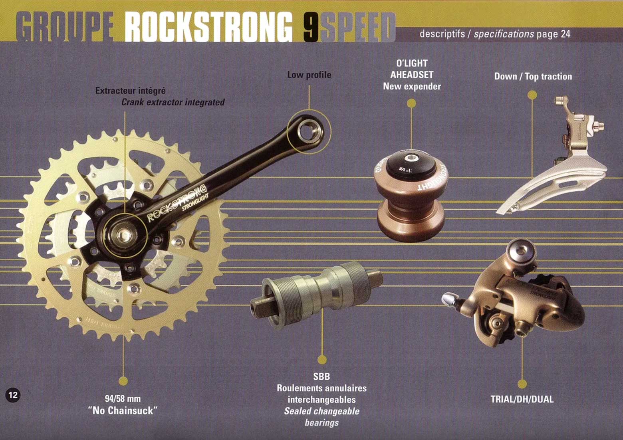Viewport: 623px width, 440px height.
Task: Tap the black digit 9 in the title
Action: [x=311, y=27]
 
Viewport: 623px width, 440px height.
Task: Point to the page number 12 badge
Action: [x=13, y=395]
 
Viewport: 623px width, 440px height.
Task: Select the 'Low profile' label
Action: [x=309, y=75]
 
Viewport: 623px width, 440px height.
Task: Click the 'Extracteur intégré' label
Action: [x=130, y=91]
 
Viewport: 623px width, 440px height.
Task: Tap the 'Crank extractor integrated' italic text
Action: [x=173, y=102]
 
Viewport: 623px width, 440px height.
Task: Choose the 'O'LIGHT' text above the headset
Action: [x=412, y=63]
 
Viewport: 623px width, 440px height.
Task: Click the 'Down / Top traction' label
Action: [x=533, y=76]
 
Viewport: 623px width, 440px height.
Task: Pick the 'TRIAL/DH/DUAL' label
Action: [x=522, y=399]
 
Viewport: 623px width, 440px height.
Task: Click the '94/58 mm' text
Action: [x=123, y=398]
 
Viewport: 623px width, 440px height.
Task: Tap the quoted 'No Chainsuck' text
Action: [x=123, y=410]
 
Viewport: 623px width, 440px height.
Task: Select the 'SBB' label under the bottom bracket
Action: [x=321, y=377]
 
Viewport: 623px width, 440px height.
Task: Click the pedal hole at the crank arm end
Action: [x=308, y=131]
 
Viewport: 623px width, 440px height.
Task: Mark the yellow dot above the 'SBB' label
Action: [x=322, y=360]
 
